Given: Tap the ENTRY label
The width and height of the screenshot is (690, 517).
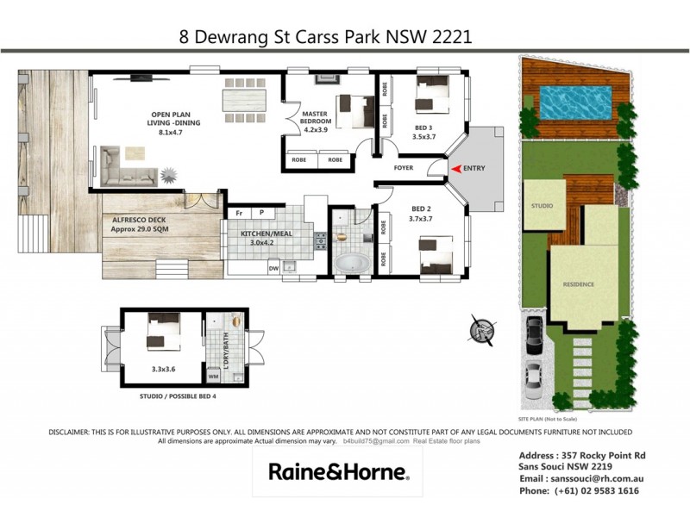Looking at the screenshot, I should point(474,169).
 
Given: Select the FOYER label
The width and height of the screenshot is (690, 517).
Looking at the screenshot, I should point(405,168).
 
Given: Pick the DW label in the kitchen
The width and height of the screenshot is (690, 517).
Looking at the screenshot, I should point(273,268).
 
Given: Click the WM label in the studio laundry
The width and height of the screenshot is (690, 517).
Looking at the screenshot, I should point(213,376).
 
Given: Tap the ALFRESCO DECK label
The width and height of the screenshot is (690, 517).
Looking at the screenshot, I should point(138,225).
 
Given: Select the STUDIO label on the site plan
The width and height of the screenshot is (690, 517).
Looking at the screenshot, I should point(542,207).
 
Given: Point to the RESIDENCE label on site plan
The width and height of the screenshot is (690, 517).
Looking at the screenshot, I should point(579,284).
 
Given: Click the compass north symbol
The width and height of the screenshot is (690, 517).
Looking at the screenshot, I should point(479,329).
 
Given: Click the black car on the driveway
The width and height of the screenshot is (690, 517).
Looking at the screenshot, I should point(533,329).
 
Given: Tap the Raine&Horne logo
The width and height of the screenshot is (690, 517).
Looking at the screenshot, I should point(338,471).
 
